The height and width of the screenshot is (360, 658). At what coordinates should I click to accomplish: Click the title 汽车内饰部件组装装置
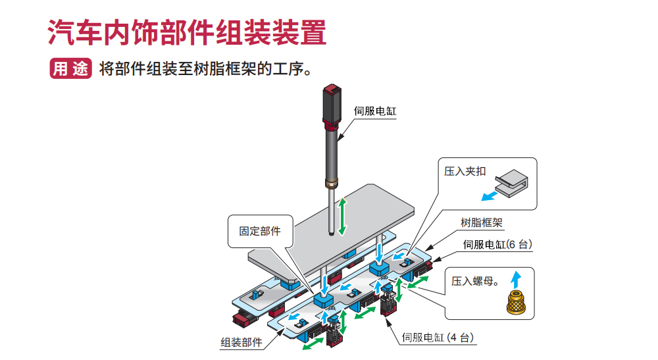[x=187, y=32]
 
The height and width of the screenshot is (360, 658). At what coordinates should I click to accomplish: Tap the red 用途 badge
[x=70, y=68]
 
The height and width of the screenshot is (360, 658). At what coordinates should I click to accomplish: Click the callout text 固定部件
[x=259, y=231]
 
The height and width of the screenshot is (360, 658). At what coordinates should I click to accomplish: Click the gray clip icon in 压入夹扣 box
[x=513, y=180]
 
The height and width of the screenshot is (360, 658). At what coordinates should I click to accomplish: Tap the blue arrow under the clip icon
[x=490, y=195]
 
